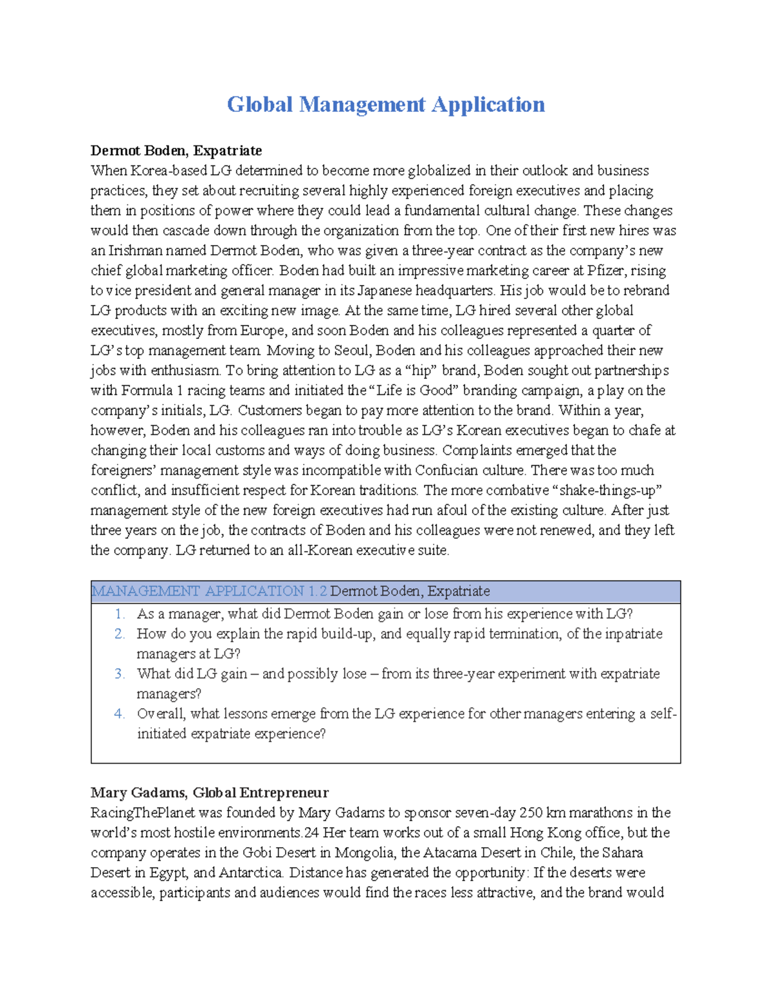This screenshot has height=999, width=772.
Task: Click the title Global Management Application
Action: pos(385,104)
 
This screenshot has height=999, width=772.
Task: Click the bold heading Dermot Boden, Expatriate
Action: pos(176,151)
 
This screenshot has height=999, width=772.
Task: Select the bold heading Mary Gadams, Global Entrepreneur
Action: pos(209,793)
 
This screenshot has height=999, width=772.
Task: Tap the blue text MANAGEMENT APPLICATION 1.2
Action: pos(209,591)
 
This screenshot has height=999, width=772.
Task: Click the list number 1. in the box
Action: pos(120,614)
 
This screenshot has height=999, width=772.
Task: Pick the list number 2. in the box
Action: pos(120,634)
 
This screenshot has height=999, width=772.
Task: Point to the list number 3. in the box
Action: pos(120,674)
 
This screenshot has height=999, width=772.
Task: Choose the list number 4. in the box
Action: pos(120,714)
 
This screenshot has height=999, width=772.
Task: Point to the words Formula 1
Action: pos(147,390)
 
